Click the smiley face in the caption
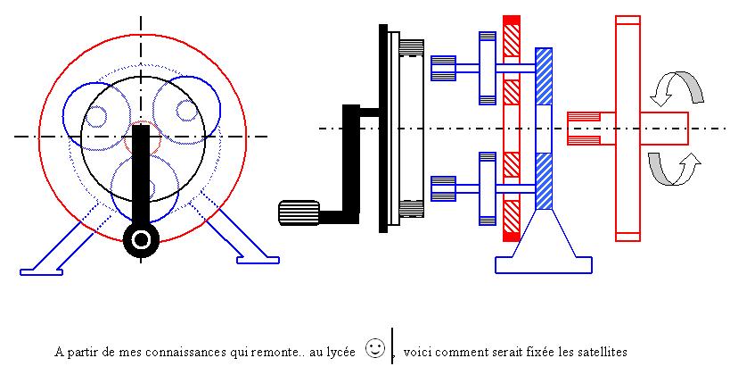tap(375, 348)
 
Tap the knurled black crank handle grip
tap(299, 212)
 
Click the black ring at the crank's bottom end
tap(141, 238)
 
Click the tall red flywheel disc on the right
tap(627, 128)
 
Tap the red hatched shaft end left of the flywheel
tap(583, 128)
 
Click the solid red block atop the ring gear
tap(512, 20)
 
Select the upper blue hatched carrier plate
tap(544, 76)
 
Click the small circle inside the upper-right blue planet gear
tap(185, 110)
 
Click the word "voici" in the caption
tap(417, 352)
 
